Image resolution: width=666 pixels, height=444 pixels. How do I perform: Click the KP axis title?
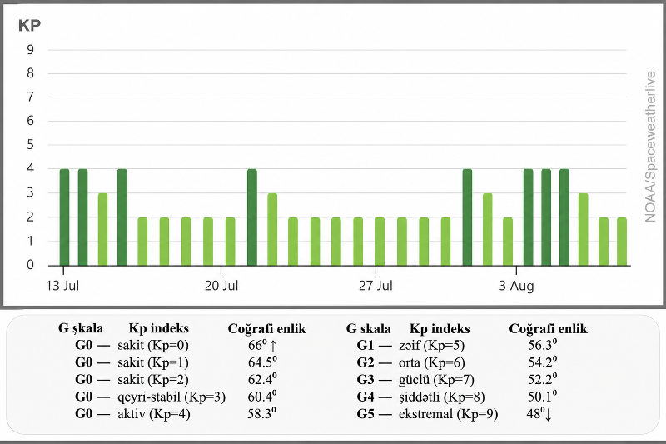pyautogui.click(x=29, y=26)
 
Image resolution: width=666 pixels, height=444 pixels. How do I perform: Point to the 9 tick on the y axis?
pyautogui.click(x=30, y=50)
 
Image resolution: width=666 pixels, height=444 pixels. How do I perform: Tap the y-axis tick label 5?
pyautogui.click(x=30, y=145)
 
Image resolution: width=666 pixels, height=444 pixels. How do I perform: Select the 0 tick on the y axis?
pyautogui.click(x=30, y=265)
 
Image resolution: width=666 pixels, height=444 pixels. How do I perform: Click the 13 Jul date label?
pyautogui.click(x=62, y=286)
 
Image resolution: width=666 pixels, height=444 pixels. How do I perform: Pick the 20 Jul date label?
pyautogui.click(x=221, y=286)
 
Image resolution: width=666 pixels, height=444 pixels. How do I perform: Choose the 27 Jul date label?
pyautogui.click(x=375, y=286)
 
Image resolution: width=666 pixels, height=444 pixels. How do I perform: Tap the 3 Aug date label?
pyautogui.click(x=516, y=286)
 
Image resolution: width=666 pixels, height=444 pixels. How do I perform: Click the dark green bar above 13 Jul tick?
pyautogui.click(x=64, y=217)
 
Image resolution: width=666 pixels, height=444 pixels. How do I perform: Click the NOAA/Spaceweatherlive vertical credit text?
pyautogui.click(x=650, y=147)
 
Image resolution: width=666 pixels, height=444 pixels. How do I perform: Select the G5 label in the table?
pyautogui.click(x=365, y=414)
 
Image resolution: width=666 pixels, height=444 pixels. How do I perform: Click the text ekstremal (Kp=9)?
pyautogui.click(x=448, y=414)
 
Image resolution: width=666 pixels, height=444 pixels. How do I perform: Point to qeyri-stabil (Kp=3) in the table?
pyautogui.click(x=171, y=397)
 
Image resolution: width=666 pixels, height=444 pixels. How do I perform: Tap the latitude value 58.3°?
pyautogui.click(x=261, y=413)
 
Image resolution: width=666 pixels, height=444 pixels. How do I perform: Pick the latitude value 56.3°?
pyautogui.click(x=543, y=345)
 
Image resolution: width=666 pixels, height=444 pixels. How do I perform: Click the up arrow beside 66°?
pyautogui.click(x=273, y=346)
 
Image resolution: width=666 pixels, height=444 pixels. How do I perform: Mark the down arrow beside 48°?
pyautogui.click(x=548, y=415)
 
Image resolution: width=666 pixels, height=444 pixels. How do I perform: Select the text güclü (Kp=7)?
pyautogui.click(x=436, y=380)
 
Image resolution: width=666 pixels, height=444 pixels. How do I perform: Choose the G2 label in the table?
pyautogui.click(x=365, y=362)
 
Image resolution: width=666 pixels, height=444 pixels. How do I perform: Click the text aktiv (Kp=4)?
pyautogui.click(x=154, y=414)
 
